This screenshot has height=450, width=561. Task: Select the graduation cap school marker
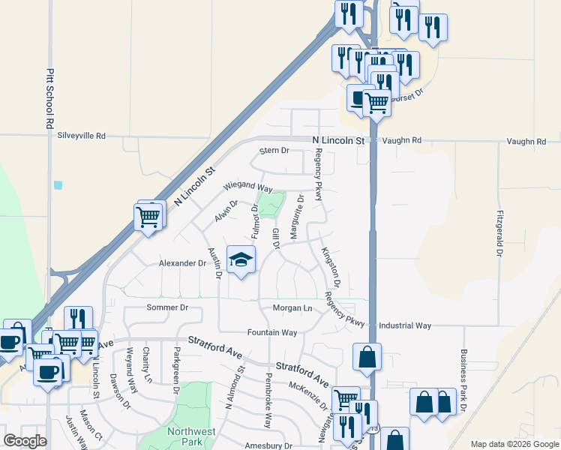coord(241,260)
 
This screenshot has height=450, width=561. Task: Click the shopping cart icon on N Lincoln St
coord(148,217)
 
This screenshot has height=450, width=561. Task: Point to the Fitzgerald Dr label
coord(499,233)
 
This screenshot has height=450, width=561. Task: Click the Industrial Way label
coord(405,325)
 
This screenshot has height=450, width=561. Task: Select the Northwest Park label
coord(191,436)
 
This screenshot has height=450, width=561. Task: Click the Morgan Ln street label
coord(292,308)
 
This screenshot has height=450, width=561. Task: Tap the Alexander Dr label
coord(182,263)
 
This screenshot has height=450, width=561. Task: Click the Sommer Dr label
coord(166,307)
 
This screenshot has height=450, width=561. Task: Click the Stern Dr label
coord(274,151)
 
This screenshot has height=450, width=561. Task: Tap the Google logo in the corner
coord(25,441)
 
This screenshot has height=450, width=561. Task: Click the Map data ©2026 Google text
coord(514,444)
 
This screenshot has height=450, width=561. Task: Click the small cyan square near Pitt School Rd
coord(58,184)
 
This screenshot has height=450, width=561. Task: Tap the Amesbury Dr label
coord(268,445)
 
